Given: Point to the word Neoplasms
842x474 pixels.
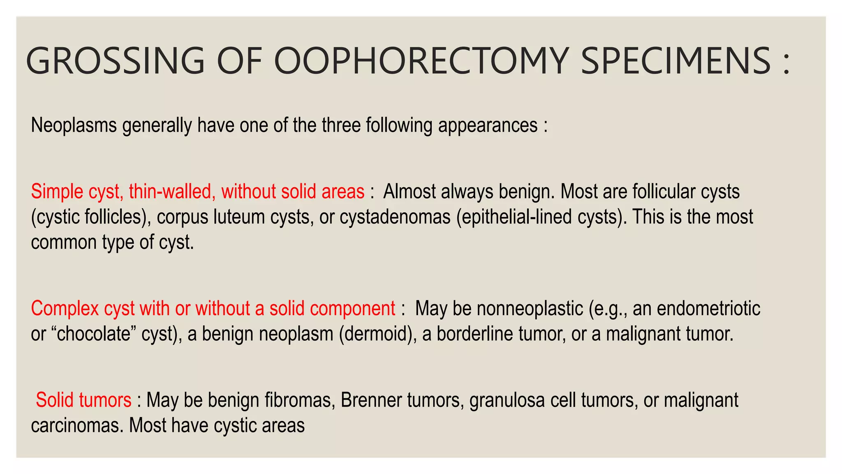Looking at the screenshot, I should [74, 125].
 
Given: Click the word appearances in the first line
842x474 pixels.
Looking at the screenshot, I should [488, 125].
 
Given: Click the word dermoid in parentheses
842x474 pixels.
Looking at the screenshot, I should [377, 334].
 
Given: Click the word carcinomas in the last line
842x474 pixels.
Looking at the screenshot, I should [77, 425].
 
